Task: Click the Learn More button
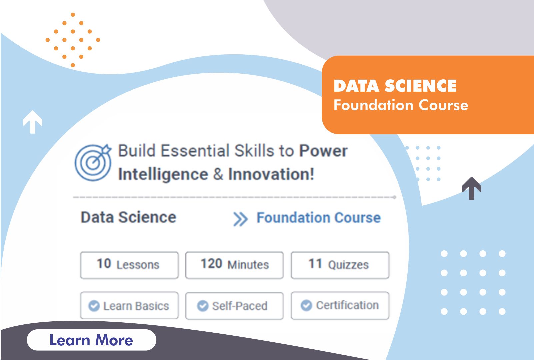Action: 92,340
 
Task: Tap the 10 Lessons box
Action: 129,265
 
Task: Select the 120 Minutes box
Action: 235,265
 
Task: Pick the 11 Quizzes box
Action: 340,265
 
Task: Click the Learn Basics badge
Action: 129,305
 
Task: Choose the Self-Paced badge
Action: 235,306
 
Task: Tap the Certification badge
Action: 340,305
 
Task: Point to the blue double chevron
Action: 240,219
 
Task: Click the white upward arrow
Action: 32,122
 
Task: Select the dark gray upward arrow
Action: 472,188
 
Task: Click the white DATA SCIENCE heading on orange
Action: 395,86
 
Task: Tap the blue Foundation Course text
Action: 318,217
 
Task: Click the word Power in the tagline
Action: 323,151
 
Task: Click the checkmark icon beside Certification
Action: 306,305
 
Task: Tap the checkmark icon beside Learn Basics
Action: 94,306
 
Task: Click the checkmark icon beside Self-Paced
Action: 203,306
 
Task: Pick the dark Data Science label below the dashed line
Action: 128,217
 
